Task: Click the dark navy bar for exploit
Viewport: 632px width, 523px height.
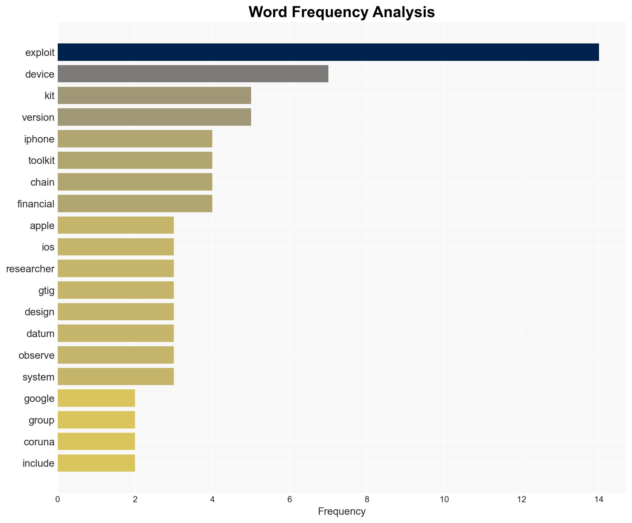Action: pyautogui.click(x=328, y=52)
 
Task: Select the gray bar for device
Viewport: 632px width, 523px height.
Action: pyautogui.click(x=193, y=74)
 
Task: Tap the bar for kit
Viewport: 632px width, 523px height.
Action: pyautogui.click(x=154, y=95)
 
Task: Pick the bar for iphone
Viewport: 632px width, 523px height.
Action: pyautogui.click(x=135, y=139)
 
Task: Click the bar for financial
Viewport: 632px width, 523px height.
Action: pyautogui.click(x=135, y=204)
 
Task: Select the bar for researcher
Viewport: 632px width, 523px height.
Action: pyautogui.click(x=115, y=269)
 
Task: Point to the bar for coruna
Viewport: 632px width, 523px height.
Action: pyautogui.click(x=96, y=441)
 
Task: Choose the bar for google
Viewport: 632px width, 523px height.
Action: pyautogui.click(x=96, y=398)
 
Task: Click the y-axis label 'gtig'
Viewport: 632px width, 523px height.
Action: pyautogui.click(x=46, y=290)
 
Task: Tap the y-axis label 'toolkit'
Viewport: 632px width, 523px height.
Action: pyautogui.click(x=41, y=161)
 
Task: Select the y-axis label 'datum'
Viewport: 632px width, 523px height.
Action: pyautogui.click(x=40, y=333)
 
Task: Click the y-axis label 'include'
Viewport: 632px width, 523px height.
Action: pyautogui.click(x=38, y=463)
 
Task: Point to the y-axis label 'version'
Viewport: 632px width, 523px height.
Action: pyautogui.click(x=38, y=117)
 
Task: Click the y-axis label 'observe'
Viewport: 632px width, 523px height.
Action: pyautogui.click(x=36, y=355)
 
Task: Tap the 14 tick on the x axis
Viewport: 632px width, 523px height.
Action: pyautogui.click(x=599, y=499)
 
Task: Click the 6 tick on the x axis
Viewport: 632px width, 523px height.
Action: pyautogui.click(x=290, y=499)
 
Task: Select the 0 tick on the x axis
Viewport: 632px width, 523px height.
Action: pyautogui.click(x=58, y=499)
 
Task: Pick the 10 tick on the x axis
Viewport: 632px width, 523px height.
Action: pyautogui.click(x=444, y=499)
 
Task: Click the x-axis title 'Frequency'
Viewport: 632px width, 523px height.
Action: pyautogui.click(x=342, y=511)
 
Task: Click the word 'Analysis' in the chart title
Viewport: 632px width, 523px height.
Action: pyautogui.click(x=403, y=12)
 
